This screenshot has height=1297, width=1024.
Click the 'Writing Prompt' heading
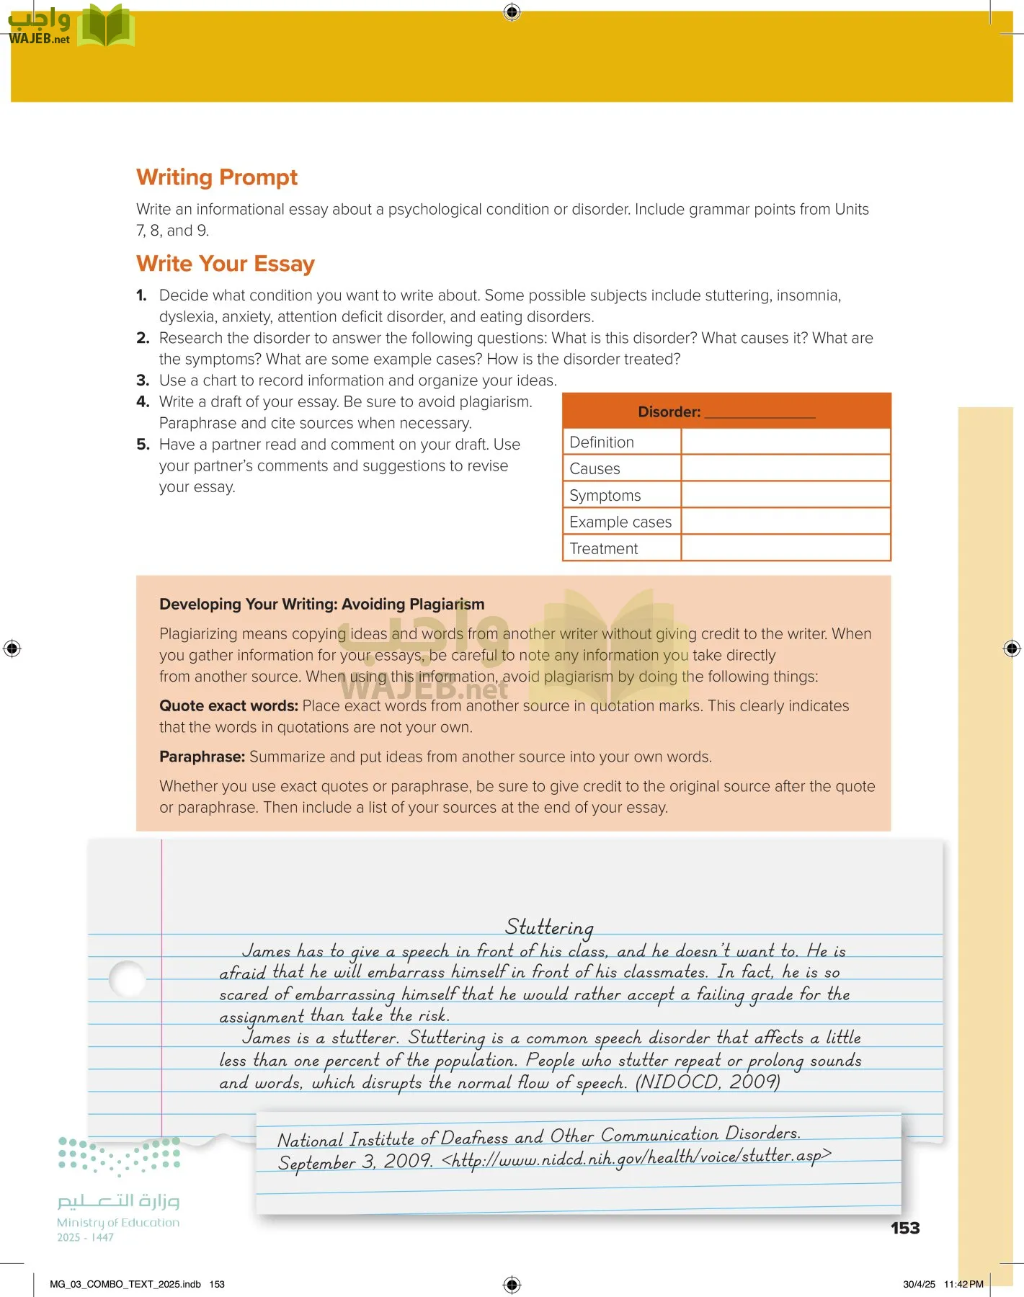click(217, 177)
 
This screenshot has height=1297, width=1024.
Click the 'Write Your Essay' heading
click(226, 264)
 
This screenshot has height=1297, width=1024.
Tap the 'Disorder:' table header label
click(669, 412)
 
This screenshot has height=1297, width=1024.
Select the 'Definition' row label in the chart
click(602, 442)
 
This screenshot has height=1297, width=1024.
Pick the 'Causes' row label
click(595, 469)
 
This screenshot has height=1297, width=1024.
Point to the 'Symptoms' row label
click(605, 496)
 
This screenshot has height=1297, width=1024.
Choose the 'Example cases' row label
click(620, 522)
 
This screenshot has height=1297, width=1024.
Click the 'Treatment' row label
click(603, 549)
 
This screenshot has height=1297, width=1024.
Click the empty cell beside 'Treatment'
click(785, 548)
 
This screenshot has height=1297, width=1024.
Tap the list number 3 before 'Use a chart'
click(143, 380)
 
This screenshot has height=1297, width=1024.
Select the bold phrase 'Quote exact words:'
click(228, 706)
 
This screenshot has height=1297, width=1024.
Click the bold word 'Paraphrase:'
click(202, 757)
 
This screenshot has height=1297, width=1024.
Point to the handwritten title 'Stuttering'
click(549, 927)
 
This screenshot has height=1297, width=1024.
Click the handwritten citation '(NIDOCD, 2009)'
click(707, 1082)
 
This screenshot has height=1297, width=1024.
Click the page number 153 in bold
click(905, 1229)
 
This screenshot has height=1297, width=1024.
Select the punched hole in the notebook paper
click(128, 979)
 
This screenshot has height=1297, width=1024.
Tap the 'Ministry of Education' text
click(118, 1223)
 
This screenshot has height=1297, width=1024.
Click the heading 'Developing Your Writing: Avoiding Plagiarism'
click(321, 605)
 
